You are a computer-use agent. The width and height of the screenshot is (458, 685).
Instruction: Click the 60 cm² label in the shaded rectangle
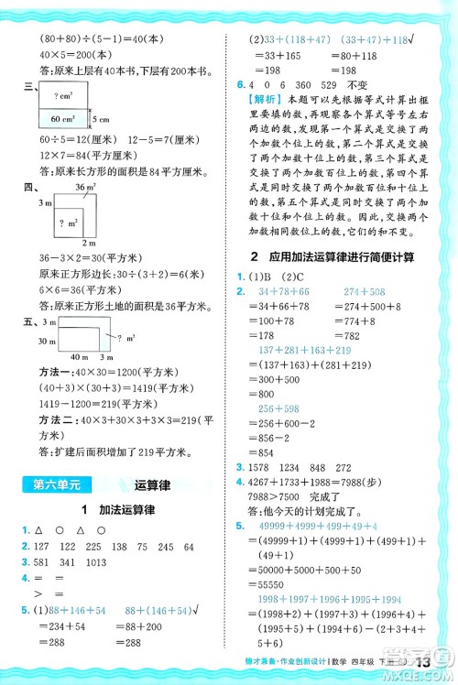pos(63,118)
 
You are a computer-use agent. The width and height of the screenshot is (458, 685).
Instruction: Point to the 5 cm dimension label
pos(100,119)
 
